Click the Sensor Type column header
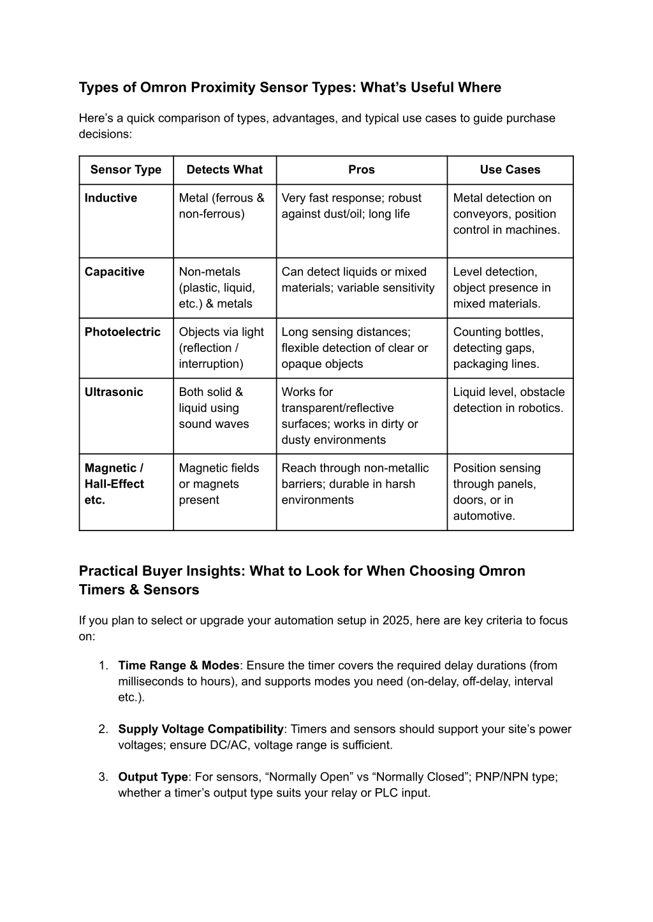pos(126,170)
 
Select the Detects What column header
pos(224,170)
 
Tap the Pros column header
pos(362,170)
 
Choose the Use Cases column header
pos(510,170)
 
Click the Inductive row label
pos(111,198)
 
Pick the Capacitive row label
pos(115,272)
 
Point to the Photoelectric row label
pos(122,332)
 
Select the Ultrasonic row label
pos(114,392)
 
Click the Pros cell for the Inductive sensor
pos(351,206)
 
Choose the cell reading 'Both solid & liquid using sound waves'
pos(214,408)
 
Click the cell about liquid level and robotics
pos(508,400)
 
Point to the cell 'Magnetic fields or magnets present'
pos(219,484)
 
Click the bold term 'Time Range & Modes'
pos(179,666)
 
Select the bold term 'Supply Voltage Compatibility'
pos(201,729)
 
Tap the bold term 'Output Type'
pos(153,777)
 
